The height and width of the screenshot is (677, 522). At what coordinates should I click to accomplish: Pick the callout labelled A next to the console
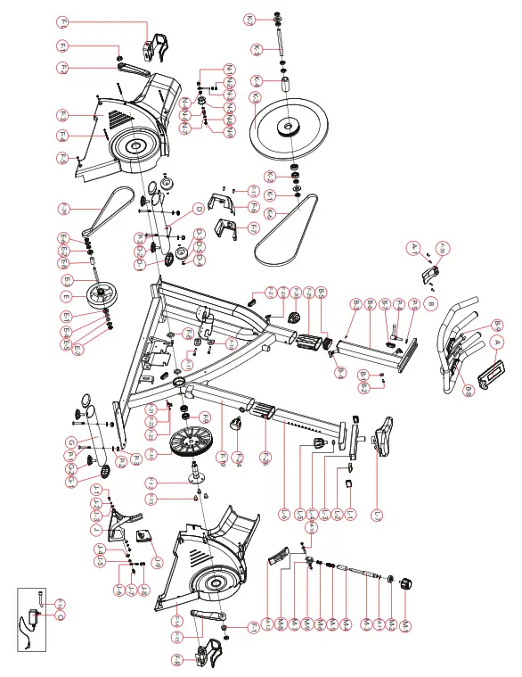498,342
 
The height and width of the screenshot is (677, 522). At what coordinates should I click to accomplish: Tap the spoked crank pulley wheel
192,442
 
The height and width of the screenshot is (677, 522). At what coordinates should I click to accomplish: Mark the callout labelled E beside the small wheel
64,295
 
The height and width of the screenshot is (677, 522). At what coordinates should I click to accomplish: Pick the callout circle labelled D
198,210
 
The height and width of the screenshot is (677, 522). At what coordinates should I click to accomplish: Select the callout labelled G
70,443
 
